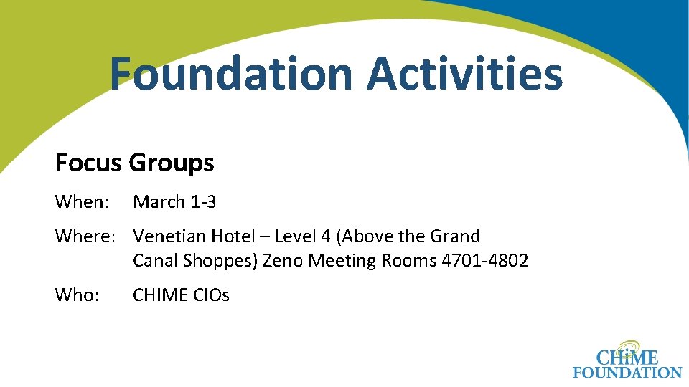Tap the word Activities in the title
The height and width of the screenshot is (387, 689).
point(465,75)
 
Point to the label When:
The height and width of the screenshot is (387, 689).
point(80,202)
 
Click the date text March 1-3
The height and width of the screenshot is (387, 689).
point(174,202)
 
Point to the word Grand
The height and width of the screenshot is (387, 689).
point(455,236)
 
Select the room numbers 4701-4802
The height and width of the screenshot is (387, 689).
point(484,261)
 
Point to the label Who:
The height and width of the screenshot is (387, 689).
point(76,295)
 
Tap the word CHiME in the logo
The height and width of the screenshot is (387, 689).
point(627,355)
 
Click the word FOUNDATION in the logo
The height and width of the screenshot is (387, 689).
point(627,373)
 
